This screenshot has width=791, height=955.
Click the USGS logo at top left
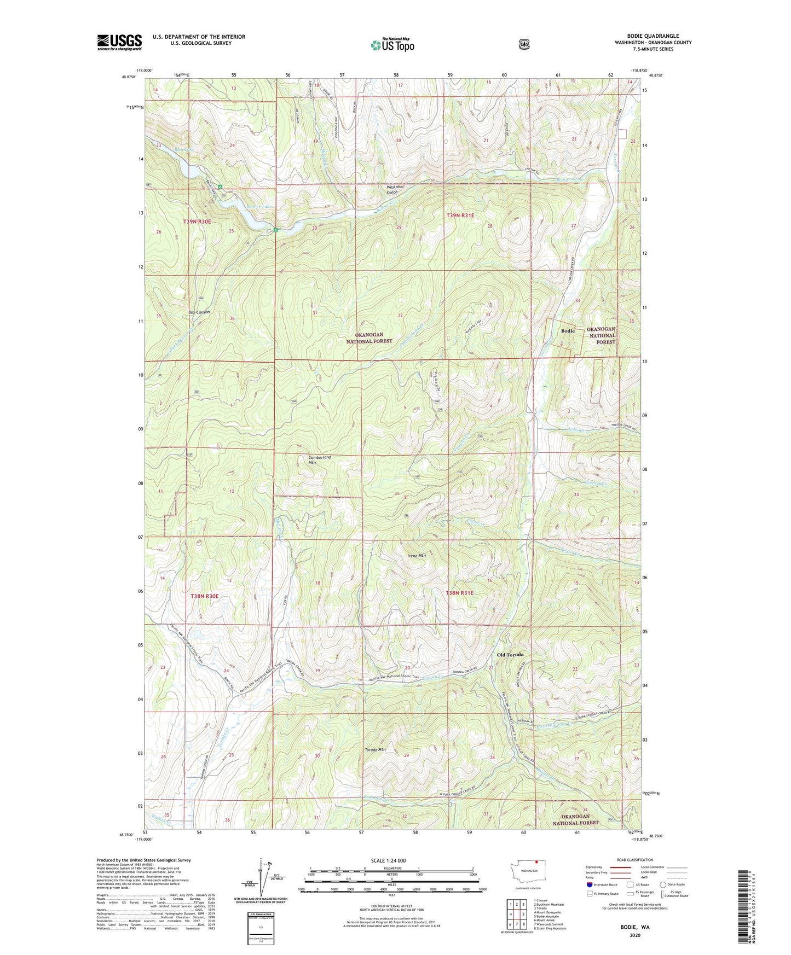119,42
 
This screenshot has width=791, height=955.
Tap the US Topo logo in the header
391,45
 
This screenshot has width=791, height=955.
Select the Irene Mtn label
417,556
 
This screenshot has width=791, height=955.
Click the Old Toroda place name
510,655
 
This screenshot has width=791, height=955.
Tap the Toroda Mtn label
376,750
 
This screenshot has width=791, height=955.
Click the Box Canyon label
199,312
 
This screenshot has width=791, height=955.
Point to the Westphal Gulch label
394,189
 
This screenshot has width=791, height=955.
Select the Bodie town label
568,331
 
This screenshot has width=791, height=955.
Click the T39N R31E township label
460,216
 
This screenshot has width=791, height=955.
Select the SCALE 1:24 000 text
388,860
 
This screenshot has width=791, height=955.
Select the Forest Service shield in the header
524,44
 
